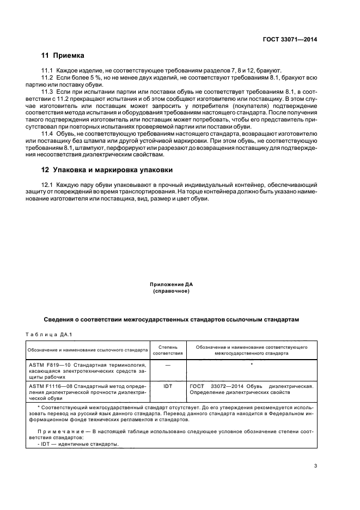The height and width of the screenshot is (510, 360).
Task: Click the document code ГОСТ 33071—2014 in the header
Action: point(290,40)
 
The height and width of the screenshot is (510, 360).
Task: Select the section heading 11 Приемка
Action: point(63,56)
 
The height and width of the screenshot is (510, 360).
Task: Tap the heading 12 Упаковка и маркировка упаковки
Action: point(107,169)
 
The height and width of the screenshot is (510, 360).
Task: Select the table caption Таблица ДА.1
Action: point(49,334)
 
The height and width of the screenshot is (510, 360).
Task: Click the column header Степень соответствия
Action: point(168,349)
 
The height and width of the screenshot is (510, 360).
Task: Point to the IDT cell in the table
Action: point(168,386)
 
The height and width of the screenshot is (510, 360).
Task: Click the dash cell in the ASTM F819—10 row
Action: point(168,364)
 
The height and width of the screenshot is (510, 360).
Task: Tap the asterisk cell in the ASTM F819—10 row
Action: point(252,363)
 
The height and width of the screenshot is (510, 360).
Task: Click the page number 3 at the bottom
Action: point(315,465)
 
